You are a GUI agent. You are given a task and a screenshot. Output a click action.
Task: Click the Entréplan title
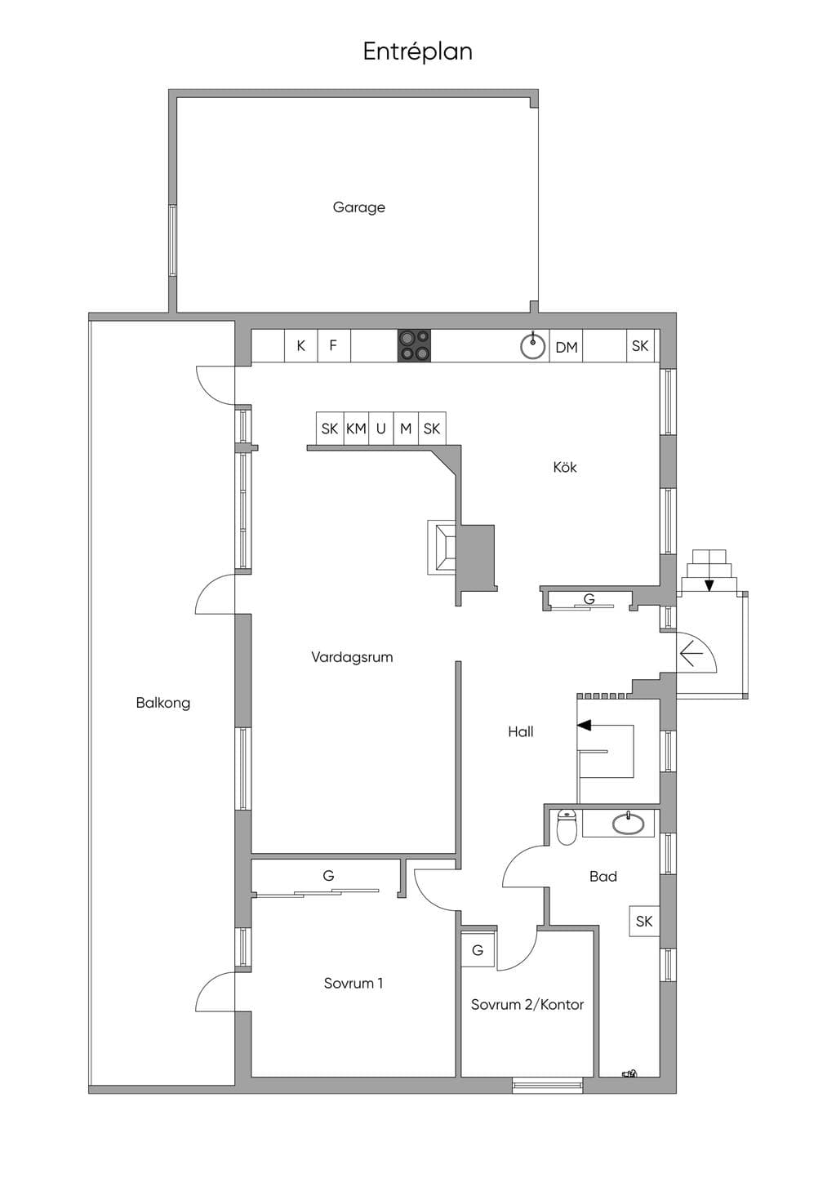coord(417,52)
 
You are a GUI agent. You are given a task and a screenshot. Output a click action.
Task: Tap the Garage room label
coord(359,207)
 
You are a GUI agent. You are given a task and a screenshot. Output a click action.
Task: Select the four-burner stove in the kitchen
coord(414,345)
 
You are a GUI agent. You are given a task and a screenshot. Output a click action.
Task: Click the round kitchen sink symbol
coord(533,346)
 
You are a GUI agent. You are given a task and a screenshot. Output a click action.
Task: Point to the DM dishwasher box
coord(566,346)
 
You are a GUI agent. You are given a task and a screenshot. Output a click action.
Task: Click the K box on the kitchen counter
coord(300,345)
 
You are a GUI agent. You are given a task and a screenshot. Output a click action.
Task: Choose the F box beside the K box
coord(334,345)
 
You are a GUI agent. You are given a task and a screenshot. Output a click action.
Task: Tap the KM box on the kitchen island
coord(356,429)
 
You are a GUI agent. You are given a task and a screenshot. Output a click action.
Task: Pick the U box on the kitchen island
coord(381,429)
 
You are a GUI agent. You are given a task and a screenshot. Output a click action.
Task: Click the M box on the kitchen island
coord(406,429)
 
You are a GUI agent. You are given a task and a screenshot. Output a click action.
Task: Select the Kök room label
coord(565,467)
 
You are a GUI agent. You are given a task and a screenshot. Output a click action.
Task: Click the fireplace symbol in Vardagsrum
coord(442,547)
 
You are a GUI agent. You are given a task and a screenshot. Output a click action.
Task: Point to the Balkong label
coord(163,703)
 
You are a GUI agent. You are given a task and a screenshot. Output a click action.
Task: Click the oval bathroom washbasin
coord(628,824)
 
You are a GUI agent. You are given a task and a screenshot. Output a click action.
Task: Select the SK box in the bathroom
coord(644,922)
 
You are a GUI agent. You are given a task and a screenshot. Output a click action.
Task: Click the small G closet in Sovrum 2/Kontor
coord(478,950)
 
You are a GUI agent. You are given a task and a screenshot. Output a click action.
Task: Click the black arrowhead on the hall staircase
coord(584,726)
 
